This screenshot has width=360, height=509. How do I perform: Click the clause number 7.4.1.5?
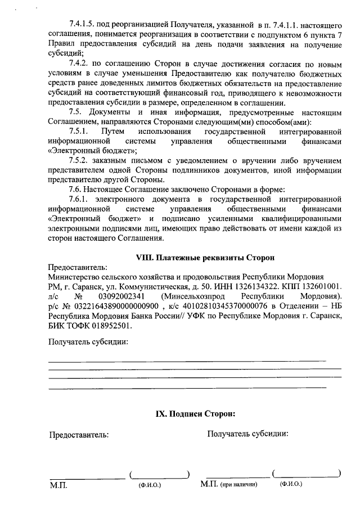click(82, 25)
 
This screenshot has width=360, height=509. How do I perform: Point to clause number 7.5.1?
click(78, 130)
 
